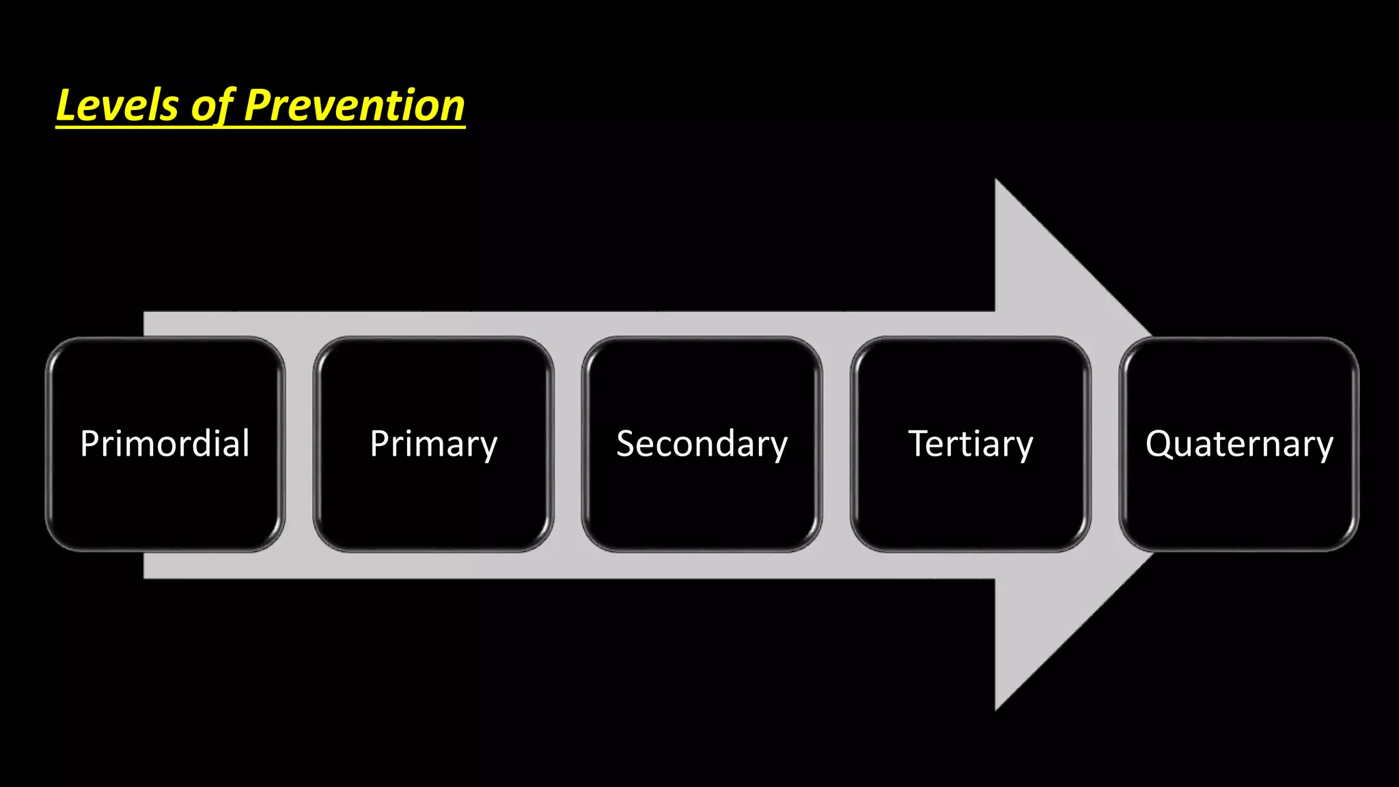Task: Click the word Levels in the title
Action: click(117, 106)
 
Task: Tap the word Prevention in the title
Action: click(354, 106)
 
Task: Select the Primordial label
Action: click(165, 443)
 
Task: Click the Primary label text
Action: click(433, 444)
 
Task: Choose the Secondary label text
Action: click(702, 444)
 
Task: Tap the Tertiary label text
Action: click(970, 444)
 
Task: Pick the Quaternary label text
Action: click(1239, 444)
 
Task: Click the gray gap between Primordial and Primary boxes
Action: click(299, 444)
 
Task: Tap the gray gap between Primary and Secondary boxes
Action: click(568, 444)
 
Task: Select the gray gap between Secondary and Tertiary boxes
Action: click(836, 444)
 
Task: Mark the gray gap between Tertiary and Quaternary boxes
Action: click(1105, 444)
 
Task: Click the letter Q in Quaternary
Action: click(1159, 443)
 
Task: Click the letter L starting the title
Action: click(66, 106)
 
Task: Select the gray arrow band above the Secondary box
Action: click(702, 323)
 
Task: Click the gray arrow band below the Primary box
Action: click(433, 566)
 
